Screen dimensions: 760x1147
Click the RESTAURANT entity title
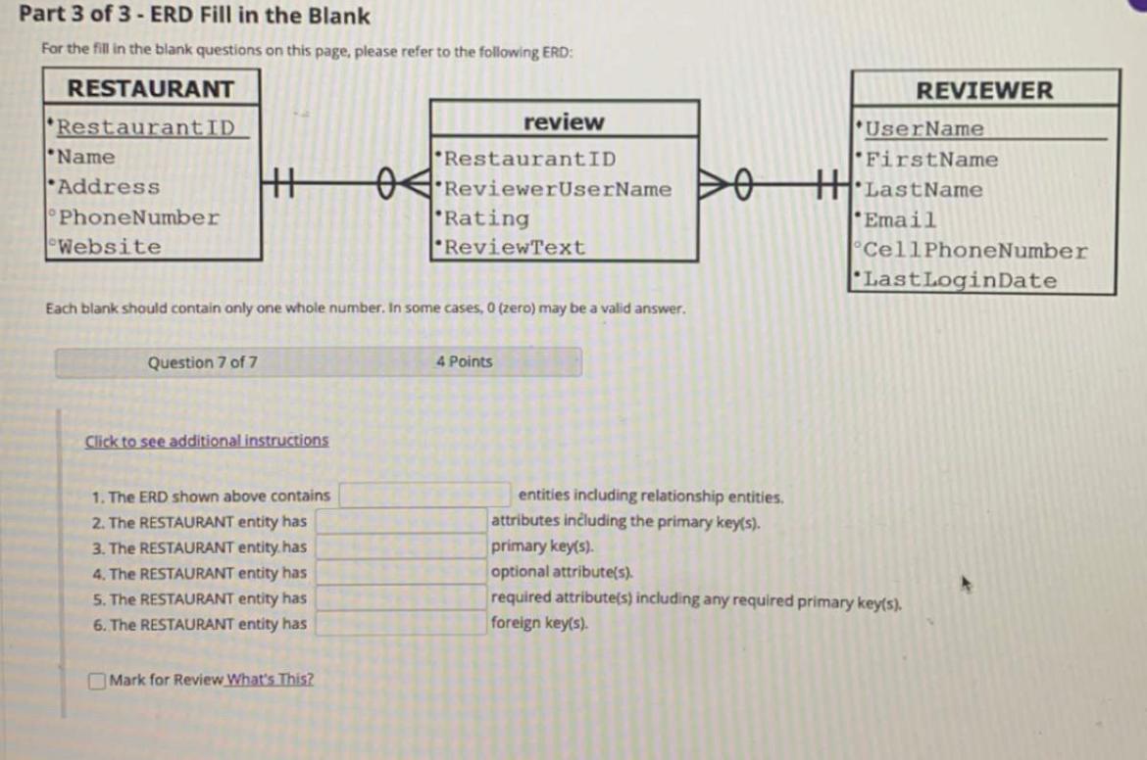pyautogui.click(x=151, y=89)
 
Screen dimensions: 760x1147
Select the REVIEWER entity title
pyautogui.click(x=984, y=90)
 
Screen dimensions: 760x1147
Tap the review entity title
pyautogui.click(x=564, y=122)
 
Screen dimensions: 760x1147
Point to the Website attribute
pyautogui.click(x=109, y=247)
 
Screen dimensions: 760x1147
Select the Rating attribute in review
pyautogui.click(x=486, y=218)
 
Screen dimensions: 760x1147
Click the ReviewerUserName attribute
pyautogui.click(x=558, y=189)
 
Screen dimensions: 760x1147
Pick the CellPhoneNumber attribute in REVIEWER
pyautogui.click(x=975, y=251)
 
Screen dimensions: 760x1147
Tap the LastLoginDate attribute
pyautogui.click(x=961, y=280)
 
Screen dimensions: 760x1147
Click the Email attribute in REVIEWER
pyautogui.click(x=899, y=220)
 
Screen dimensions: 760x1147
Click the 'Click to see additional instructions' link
pyautogui.click(x=207, y=441)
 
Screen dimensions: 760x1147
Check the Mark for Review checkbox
pyautogui.click(x=98, y=680)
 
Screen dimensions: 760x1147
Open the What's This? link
pyautogui.click(x=271, y=680)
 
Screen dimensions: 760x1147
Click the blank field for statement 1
pyautogui.click(x=424, y=496)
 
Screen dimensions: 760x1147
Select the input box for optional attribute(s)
pyautogui.click(x=402, y=573)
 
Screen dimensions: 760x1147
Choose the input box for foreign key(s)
pyautogui.click(x=402, y=624)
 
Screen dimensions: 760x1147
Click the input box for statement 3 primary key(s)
pyautogui.click(x=402, y=547)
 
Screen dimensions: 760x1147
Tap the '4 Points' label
pyautogui.click(x=464, y=361)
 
